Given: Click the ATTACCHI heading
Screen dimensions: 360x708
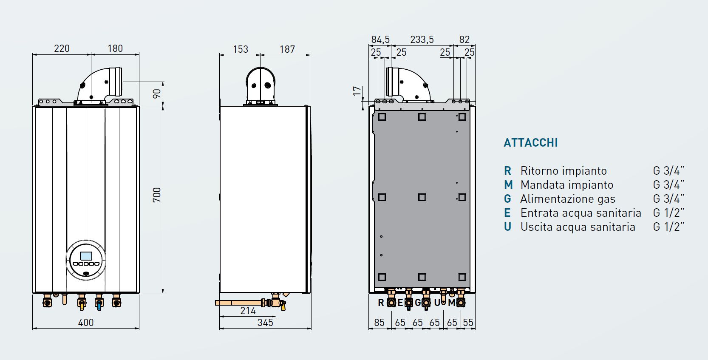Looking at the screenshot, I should (530, 142).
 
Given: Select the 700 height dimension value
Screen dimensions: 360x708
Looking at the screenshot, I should (157, 195).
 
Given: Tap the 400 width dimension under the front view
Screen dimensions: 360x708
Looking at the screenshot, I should (86, 323).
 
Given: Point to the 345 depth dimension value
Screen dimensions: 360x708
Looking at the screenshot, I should (265, 323).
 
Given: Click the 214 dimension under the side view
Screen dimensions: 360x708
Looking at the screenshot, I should (248, 311).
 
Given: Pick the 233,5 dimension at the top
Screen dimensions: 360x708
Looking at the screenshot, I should (422, 40).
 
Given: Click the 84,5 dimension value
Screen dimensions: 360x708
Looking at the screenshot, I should (380, 40).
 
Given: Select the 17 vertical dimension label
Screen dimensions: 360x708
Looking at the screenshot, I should (357, 91).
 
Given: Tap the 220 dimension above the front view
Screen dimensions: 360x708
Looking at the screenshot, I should (62, 48).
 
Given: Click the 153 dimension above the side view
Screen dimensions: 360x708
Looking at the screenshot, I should (241, 49).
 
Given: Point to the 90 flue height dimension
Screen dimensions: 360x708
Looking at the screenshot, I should (157, 94).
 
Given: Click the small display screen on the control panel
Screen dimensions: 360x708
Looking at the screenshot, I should (86, 256).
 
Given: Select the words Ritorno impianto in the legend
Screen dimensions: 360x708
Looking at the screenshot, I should (564, 171).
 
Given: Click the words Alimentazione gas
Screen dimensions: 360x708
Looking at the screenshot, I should (568, 199).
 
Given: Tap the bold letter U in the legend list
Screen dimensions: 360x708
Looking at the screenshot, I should (507, 227).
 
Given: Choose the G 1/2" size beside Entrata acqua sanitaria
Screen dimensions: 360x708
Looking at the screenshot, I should (668, 213).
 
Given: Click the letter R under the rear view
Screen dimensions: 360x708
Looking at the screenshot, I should (381, 303).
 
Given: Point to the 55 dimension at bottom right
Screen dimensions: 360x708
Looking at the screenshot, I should (468, 323).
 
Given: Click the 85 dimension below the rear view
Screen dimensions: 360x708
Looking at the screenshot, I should (379, 323).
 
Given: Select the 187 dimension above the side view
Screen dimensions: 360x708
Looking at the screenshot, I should (287, 49).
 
